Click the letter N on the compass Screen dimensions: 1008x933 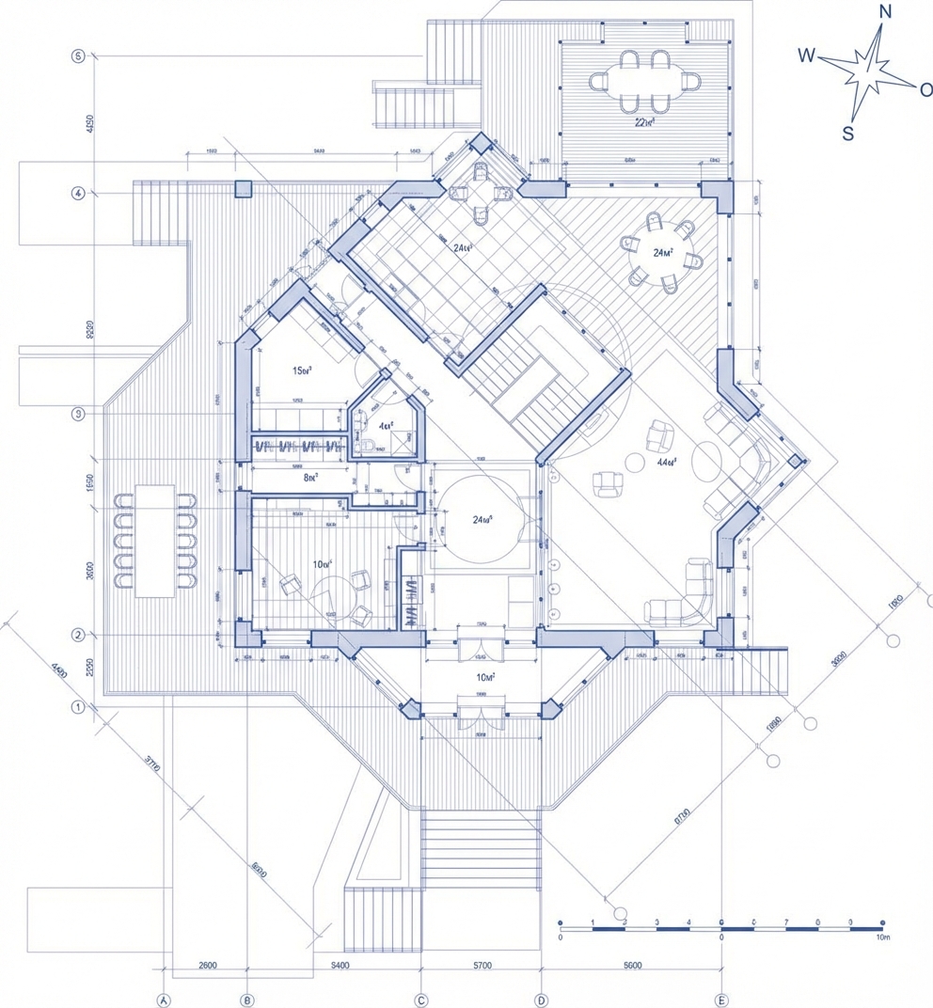[884, 11]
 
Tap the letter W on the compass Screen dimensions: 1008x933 [806, 55]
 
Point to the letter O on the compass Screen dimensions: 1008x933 [925, 89]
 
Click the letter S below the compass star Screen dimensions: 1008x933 [847, 134]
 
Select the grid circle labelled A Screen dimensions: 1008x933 [164, 1000]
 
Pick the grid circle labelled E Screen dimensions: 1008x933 [721, 1000]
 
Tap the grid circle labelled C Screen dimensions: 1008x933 [421, 1000]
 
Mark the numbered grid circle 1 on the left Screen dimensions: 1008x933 [78, 706]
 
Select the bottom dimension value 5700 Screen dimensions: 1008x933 [481, 966]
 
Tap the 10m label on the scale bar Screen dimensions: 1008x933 [881, 937]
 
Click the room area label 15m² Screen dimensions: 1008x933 [302, 370]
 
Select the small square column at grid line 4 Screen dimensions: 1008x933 [244, 188]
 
